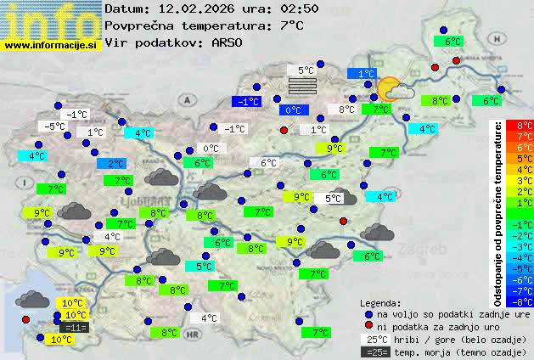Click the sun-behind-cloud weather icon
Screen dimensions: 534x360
point(394,89)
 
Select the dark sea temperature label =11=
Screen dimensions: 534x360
point(75,327)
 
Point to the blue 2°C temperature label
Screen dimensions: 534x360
point(115,163)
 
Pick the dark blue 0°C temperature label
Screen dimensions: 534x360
point(293,110)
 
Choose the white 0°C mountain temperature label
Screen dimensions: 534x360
point(211,149)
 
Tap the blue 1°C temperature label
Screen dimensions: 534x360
point(366,74)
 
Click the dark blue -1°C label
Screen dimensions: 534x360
point(247,101)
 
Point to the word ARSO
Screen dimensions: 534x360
point(228,42)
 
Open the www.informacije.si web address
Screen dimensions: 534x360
point(51,45)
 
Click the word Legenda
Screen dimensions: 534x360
point(380,302)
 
